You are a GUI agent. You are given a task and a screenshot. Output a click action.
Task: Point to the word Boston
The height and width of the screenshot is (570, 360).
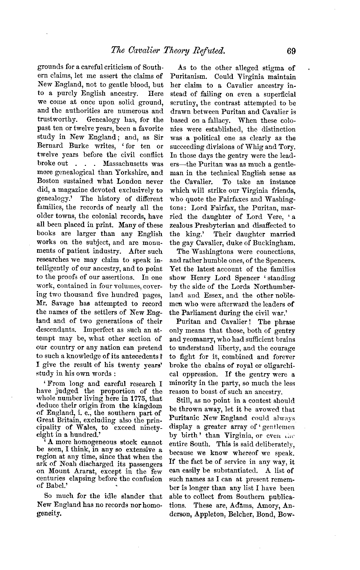(x=48, y=181)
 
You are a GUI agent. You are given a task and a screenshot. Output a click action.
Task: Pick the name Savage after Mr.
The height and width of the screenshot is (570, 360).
(x=65, y=303)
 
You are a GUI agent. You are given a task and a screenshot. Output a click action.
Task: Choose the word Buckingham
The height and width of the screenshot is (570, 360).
(x=275, y=243)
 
